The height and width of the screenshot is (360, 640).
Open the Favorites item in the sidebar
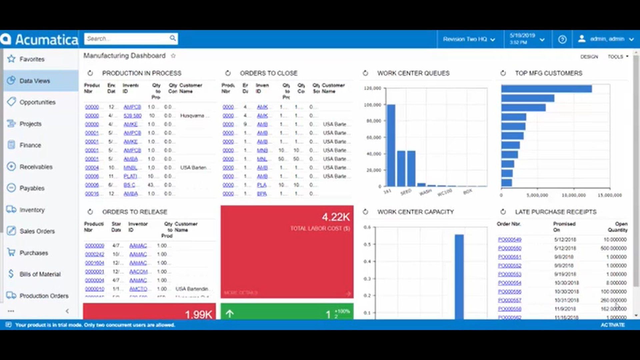coord(32,59)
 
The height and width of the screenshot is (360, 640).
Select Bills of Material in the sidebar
coord(40,274)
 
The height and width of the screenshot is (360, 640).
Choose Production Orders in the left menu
coord(44,296)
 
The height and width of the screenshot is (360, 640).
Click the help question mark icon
coord(562,39)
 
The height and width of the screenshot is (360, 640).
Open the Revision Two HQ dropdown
coord(469,39)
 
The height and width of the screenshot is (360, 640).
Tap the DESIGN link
coord(589,57)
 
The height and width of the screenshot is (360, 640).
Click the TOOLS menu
coord(617,57)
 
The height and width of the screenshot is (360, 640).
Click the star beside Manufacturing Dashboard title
coord(173,56)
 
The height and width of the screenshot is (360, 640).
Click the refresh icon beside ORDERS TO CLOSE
coord(228,73)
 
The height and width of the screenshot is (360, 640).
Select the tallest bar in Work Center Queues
coord(391,145)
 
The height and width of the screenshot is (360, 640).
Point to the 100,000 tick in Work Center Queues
coord(373,105)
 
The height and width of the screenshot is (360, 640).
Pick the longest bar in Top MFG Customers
coord(546,89)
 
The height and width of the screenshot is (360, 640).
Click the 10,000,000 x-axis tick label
coord(573,195)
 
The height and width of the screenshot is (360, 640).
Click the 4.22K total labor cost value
coord(336,217)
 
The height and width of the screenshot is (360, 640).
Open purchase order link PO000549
coord(509,240)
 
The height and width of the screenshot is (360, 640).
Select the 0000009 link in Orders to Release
coord(94,246)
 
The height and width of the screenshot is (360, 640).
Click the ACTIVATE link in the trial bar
coord(613,325)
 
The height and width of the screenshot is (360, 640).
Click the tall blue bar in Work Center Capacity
coord(459,277)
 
